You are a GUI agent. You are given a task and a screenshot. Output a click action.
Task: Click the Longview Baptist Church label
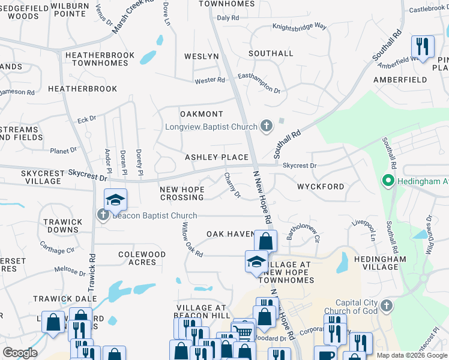click(211, 127)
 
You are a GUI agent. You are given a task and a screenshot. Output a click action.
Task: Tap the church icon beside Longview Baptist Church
click(267, 127)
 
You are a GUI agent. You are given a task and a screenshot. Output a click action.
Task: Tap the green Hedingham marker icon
click(388, 180)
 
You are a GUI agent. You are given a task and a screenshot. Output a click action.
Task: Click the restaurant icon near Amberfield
click(423, 47)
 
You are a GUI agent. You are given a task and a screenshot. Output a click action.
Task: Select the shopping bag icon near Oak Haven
click(265, 241)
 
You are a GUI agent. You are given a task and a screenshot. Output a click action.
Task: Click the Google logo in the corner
click(20, 352)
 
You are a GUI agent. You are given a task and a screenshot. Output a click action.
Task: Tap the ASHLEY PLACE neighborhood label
click(216, 157)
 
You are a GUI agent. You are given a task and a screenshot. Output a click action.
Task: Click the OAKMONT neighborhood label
click(202, 114)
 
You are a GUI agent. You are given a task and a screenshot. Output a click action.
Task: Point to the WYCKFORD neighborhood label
click(321, 187)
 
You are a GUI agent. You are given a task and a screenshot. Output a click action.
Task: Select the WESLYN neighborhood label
click(201, 56)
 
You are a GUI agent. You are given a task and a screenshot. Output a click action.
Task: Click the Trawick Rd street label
click(92, 264)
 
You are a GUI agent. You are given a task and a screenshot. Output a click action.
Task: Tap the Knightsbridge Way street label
click(299, 27)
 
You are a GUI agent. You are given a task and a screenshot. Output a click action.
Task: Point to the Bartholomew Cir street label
click(303, 230)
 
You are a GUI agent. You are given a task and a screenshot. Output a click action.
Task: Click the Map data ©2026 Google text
click(411, 355)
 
